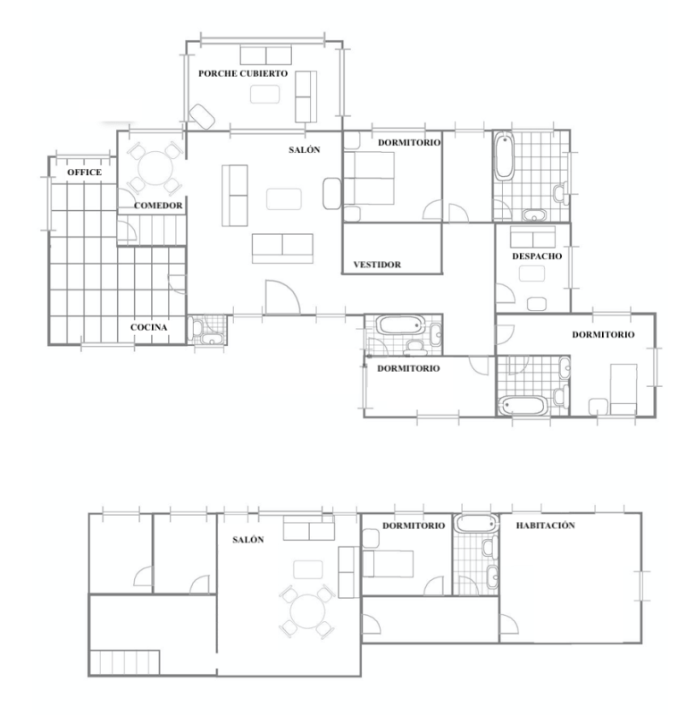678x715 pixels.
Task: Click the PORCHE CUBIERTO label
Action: point(243,73)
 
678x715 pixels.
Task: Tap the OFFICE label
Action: point(84,172)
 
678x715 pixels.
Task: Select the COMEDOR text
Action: point(158,206)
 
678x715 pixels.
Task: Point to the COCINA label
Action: point(148,327)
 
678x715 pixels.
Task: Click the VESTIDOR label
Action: point(377,265)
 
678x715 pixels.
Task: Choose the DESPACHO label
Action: point(537,256)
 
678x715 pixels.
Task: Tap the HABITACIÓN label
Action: point(546,526)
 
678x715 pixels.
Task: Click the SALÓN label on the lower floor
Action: point(248,540)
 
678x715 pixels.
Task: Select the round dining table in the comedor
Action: point(155,168)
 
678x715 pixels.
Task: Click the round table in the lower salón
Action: point(307,611)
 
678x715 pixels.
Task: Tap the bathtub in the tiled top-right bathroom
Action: point(505,156)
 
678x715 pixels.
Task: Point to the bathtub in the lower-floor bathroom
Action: point(476,523)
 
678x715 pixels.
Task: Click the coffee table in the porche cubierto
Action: point(264,95)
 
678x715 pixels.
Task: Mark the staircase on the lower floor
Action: point(125,662)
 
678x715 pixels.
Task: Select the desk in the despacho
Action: point(532,273)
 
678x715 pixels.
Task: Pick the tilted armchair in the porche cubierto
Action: point(202,116)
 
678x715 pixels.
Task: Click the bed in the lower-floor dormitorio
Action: point(388,564)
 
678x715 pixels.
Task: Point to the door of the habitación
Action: point(509,624)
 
